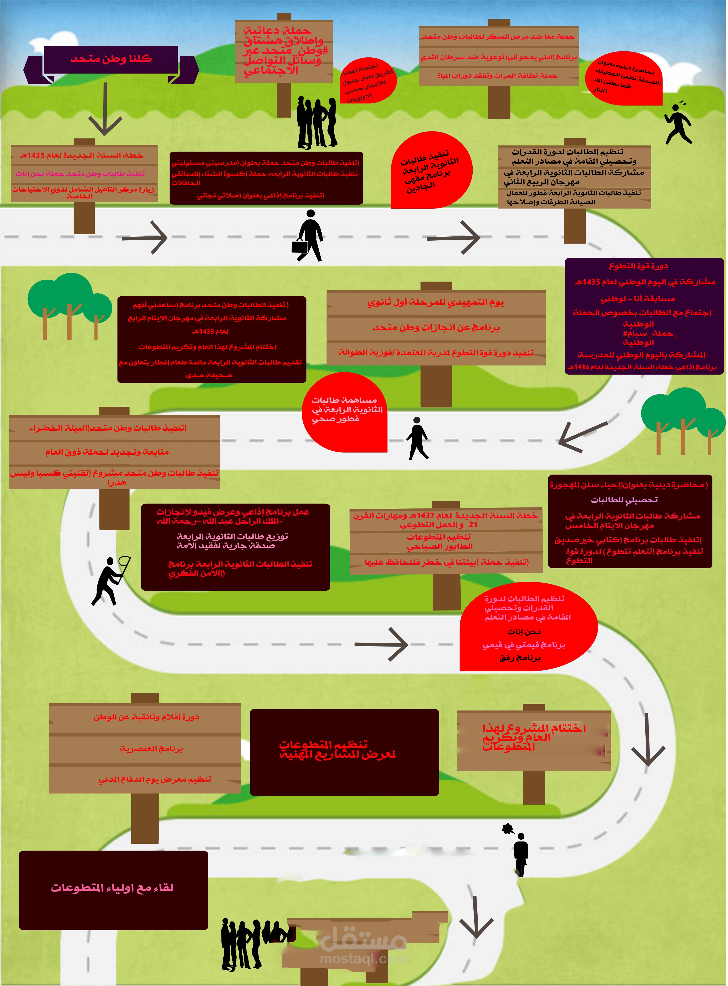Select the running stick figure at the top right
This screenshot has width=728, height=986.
click(679, 123)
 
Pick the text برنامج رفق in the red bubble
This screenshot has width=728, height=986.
click(520, 658)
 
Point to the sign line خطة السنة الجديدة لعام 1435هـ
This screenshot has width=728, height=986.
click(81, 156)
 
